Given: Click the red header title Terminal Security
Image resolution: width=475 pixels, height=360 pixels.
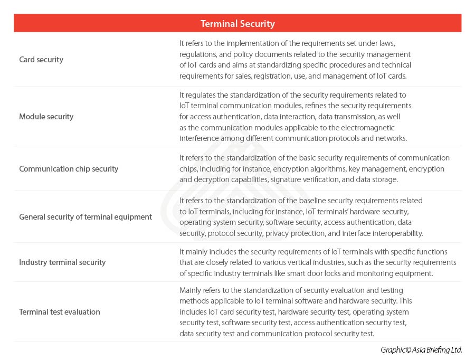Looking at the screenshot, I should click(237, 24).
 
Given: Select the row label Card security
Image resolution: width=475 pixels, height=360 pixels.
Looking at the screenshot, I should click(41, 60).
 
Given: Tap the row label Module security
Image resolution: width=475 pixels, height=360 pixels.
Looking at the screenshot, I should click(46, 116).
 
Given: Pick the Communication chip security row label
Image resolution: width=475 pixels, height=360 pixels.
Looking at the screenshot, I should click(69, 169).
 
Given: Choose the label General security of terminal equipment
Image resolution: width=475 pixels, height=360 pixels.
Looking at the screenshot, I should click(85, 217).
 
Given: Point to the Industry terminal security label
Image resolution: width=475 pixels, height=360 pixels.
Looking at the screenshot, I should click(62, 262).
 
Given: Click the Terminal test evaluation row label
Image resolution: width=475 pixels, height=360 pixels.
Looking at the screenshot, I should click(60, 312).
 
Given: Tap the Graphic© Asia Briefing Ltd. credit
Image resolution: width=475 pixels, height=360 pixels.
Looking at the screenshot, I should click(421, 349).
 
